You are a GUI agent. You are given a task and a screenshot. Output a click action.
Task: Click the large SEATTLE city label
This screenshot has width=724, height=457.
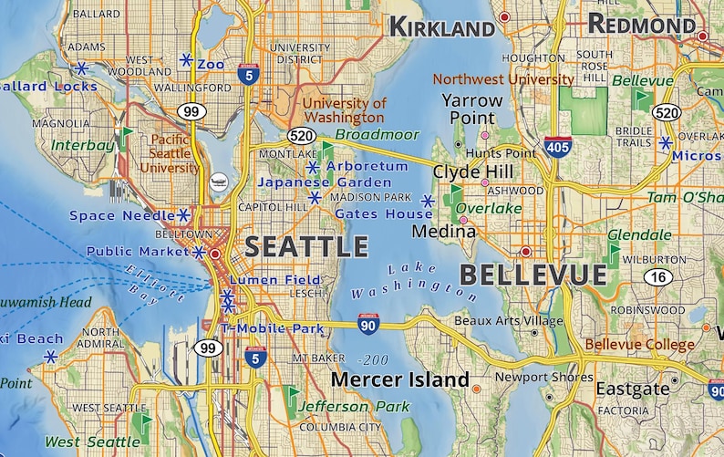tap(305, 247)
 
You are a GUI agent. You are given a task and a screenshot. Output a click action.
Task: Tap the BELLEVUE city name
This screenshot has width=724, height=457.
tap(533, 275)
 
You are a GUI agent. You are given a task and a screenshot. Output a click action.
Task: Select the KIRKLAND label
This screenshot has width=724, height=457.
tap(445, 27)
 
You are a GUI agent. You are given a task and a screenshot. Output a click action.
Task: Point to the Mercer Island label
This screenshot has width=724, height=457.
tap(399, 379)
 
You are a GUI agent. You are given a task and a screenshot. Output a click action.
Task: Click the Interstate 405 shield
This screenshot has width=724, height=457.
tap(557, 145)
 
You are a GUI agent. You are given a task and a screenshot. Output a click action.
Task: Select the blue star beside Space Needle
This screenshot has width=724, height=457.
tap(183, 215)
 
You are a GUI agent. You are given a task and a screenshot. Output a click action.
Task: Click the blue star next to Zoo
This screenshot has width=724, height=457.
tap(186, 60)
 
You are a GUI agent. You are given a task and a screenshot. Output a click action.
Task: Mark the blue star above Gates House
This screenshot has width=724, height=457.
tap(427, 200)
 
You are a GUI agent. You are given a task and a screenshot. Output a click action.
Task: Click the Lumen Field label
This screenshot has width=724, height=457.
tap(275, 280)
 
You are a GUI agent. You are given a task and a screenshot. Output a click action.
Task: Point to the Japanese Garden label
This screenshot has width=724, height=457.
tap(312, 182)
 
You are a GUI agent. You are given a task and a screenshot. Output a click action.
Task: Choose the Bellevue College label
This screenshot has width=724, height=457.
tap(639, 345)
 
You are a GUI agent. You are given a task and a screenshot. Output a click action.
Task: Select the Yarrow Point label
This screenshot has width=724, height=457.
tap(471, 109)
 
